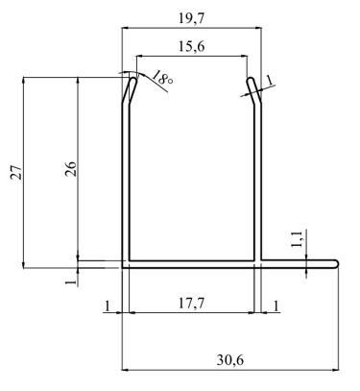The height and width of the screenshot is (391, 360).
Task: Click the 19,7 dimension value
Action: (191, 19)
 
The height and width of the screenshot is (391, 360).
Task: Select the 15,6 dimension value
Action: (191, 47)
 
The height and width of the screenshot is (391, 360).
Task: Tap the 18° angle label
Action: (162, 78)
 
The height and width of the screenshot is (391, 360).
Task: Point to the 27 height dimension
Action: (16, 172)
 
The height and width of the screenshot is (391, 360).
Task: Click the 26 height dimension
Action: (71, 169)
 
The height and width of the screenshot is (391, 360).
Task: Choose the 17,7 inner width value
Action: (191, 304)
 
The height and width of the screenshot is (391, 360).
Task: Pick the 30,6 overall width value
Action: (230, 360)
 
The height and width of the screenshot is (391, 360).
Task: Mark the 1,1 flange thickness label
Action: (297, 239)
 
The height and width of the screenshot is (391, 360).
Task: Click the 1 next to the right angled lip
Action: (270, 80)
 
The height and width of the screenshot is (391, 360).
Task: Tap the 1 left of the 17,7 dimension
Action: (108, 306)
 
